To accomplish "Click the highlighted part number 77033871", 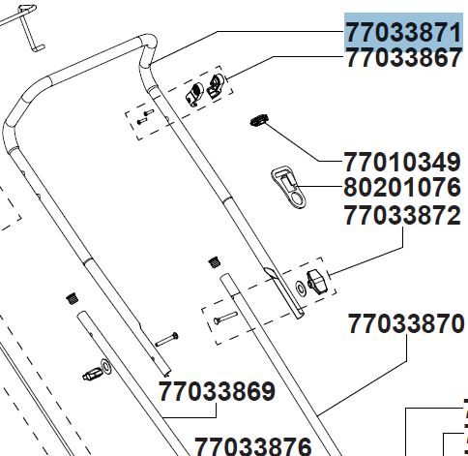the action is (403, 33).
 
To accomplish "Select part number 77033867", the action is (403, 58).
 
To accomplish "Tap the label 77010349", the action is (402, 163).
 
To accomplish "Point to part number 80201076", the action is (402, 188).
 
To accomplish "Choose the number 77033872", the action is (402, 215).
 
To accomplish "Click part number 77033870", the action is (406, 323).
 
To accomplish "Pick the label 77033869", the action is (218, 391).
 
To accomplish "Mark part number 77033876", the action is (253, 446).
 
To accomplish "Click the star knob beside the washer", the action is (316, 281).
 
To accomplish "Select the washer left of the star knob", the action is (300, 288).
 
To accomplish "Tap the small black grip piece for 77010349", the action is (259, 120).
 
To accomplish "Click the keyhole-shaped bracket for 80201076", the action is (287, 187).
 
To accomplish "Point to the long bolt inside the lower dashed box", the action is (225, 318).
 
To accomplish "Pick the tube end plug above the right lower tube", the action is (214, 262).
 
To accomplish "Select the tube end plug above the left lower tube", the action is (73, 299).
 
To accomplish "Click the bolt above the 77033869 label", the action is (166, 340).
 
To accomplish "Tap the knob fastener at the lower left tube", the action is (97, 371).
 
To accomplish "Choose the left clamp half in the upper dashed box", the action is (194, 94).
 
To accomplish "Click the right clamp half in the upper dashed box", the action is (215, 86).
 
